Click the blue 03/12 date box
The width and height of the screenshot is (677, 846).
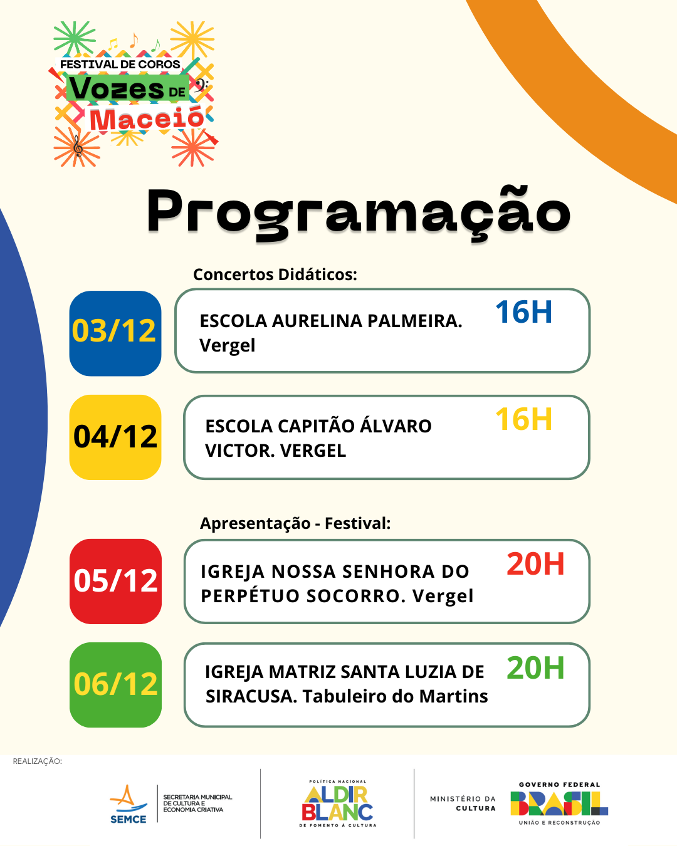[x=115, y=333]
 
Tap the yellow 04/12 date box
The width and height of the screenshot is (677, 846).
[x=115, y=437]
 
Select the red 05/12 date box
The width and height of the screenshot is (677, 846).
[x=115, y=582]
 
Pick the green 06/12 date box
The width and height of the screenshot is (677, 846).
[x=115, y=685]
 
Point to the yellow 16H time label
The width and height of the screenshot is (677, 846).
[x=523, y=419]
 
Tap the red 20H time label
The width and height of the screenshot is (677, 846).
[x=535, y=564]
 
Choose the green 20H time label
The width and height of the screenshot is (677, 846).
[x=535, y=668]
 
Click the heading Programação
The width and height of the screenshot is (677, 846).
[x=359, y=214]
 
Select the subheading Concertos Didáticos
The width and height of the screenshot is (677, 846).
[x=275, y=274]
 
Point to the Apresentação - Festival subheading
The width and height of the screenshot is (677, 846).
[x=295, y=523]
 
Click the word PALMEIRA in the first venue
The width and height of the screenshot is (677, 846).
[x=414, y=321]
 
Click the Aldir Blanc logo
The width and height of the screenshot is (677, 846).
[x=337, y=804]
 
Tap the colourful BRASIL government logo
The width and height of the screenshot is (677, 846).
[x=559, y=803]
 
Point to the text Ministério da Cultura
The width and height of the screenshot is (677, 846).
[x=463, y=803]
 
